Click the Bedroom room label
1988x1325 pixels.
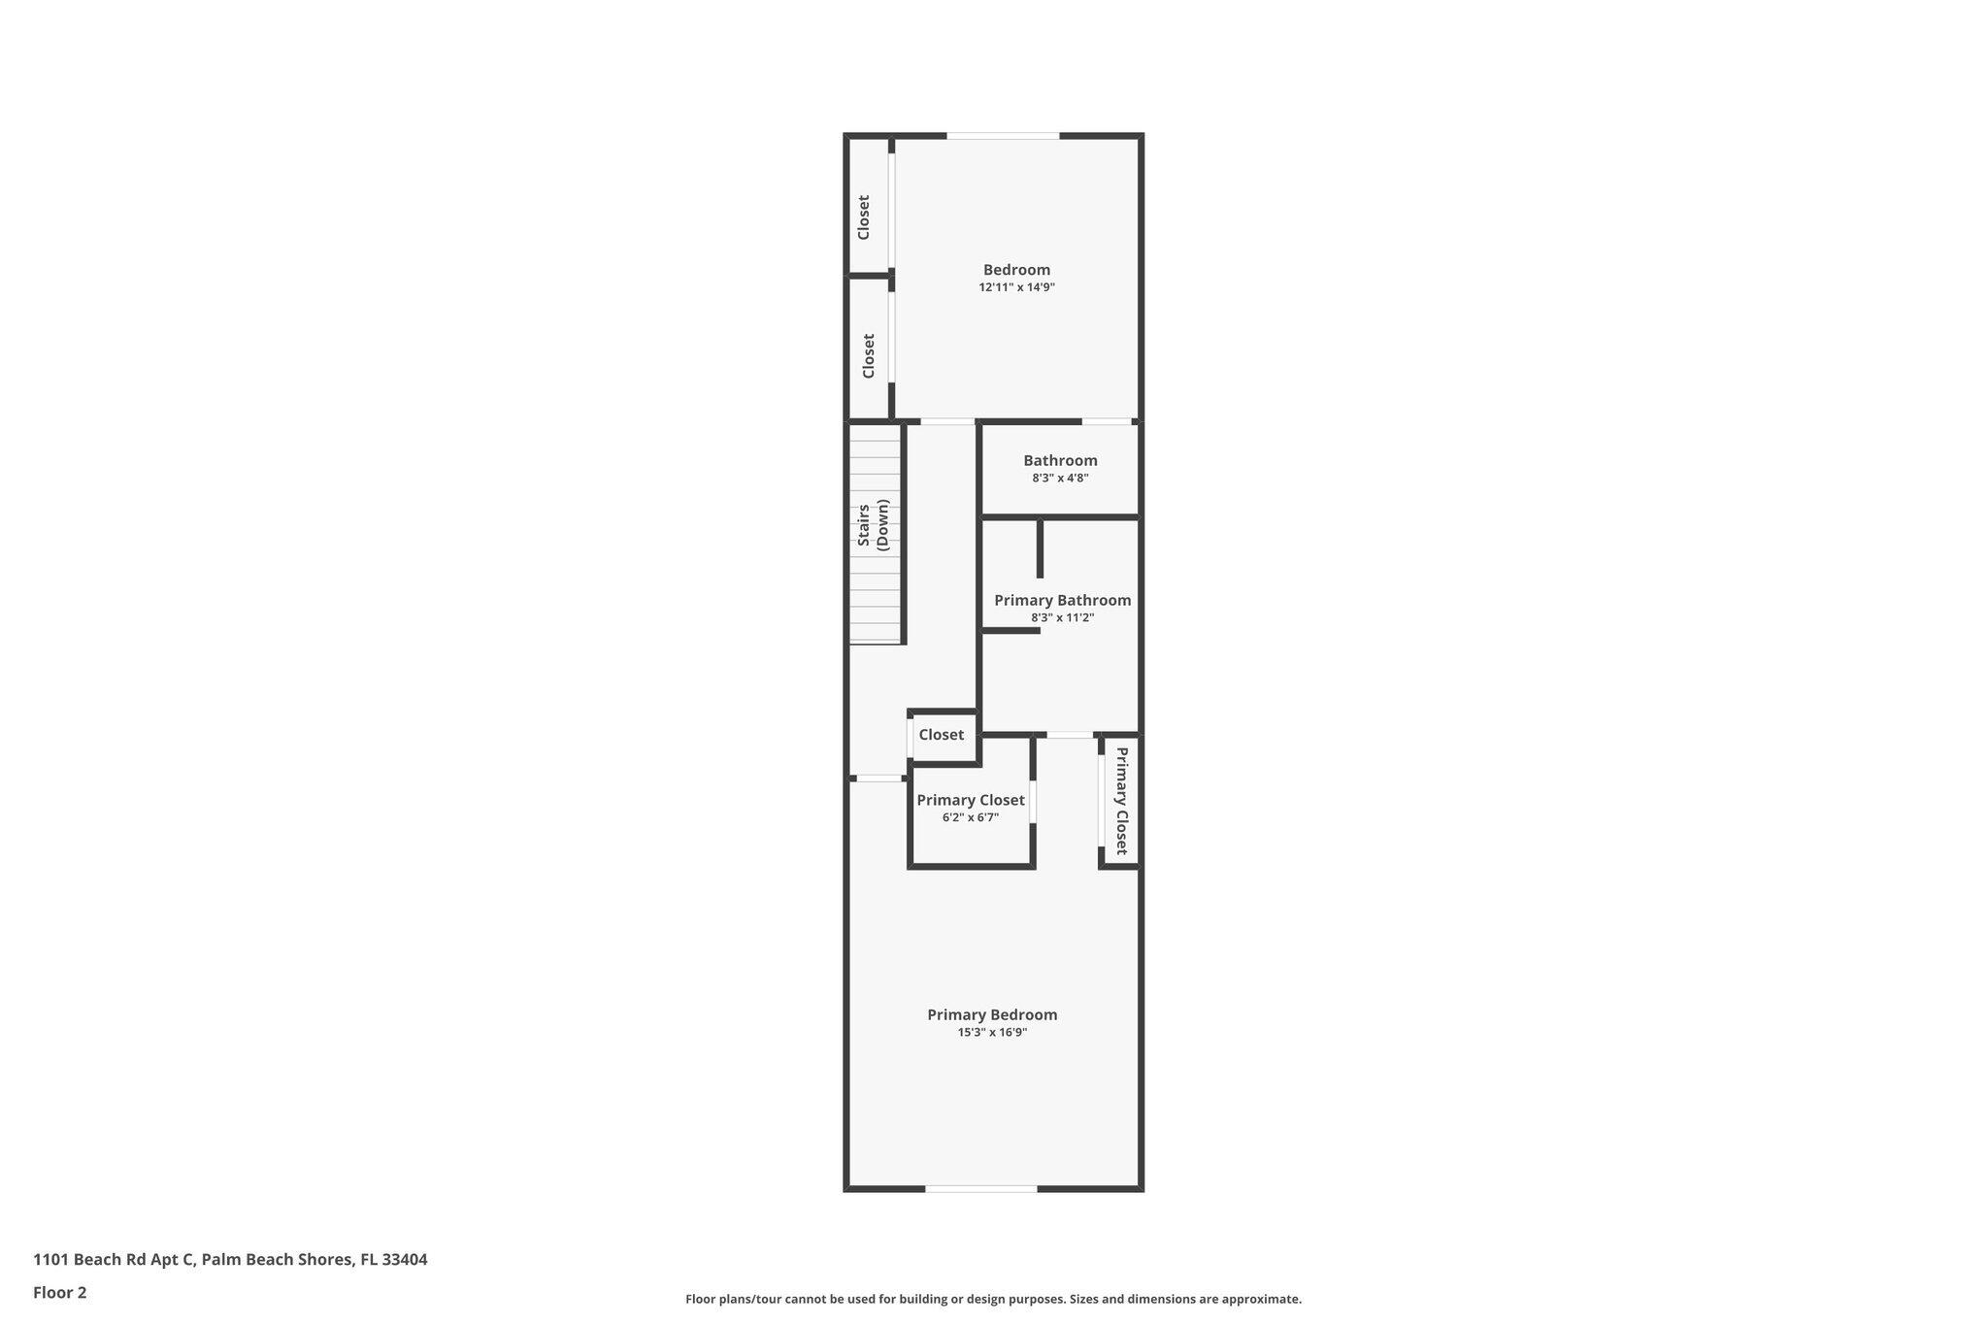click(x=1016, y=270)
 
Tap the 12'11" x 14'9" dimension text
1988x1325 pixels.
click(x=1016, y=287)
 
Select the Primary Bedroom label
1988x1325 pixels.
click(x=992, y=1014)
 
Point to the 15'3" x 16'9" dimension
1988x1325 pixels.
click(x=992, y=1032)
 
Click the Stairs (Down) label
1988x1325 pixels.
click(x=873, y=525)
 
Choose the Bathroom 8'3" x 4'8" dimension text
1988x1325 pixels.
click(x=1060, y=478)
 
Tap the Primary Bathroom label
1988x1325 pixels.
click(x=1062, y=600)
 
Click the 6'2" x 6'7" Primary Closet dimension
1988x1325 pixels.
click(x=970, y=817)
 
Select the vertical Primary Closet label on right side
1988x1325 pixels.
click(x=1121, y=801)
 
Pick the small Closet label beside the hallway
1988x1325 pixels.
click(x=941, y=735)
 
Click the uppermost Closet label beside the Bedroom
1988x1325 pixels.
click(x=863, y=217)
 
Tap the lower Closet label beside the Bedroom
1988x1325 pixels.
click(x=869, y=356)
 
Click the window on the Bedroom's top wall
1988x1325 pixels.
click(x=1003, y=136)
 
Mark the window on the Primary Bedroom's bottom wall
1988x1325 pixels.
click(x=980, y=1188)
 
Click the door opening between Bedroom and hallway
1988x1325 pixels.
click(x=947, y=421)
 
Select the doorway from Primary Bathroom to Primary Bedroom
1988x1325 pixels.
click(x=1070, y=735)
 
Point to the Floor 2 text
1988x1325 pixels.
click(x=60, y=1292)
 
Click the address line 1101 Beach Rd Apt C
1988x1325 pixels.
click(x=230, y=1259)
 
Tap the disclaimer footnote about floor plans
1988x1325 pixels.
click(x=993, y=1299)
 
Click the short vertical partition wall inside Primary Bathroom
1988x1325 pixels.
click(x=1040, y=549)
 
